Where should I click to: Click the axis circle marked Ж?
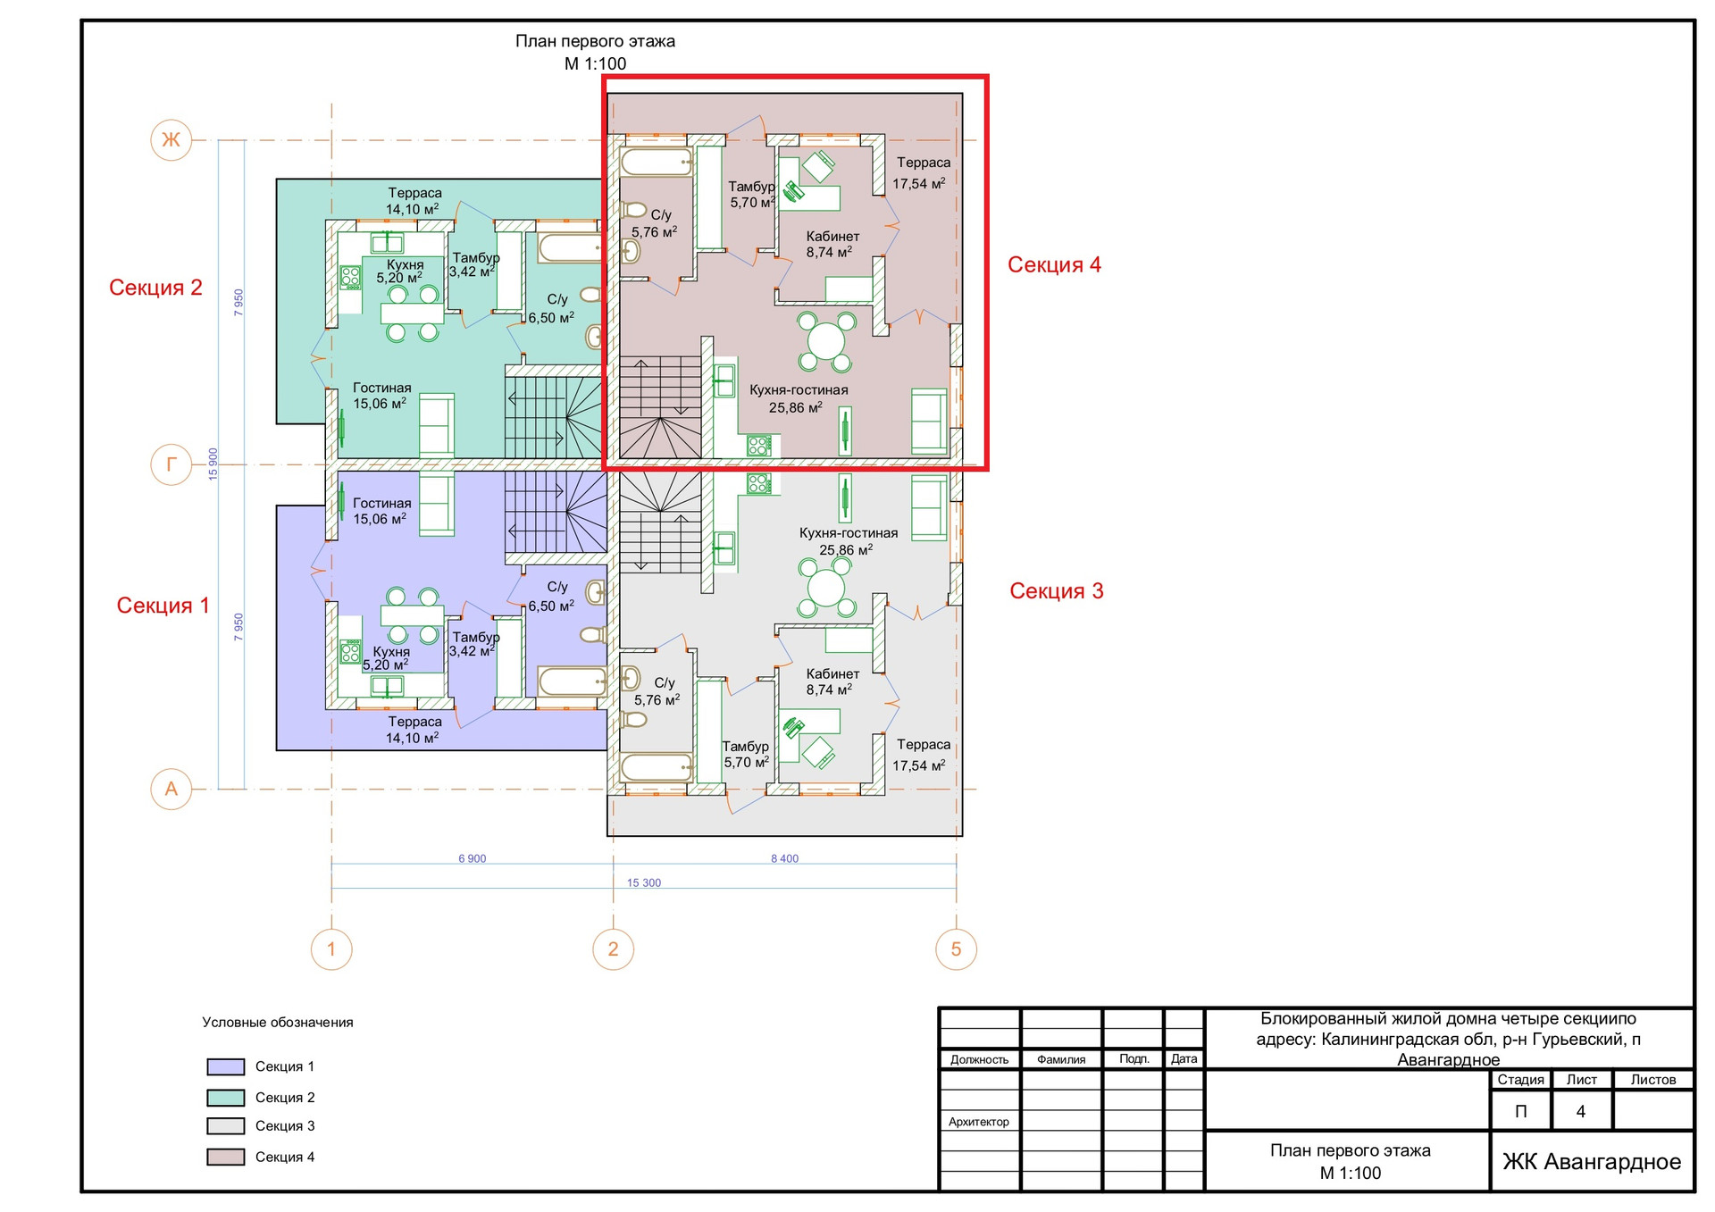[x=171, y=139]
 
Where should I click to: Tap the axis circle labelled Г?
[x=171, y=464]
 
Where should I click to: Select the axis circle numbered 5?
[x=956, y=949]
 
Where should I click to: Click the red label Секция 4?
[x=1054, y=264]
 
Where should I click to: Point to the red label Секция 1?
[x=163, y=606]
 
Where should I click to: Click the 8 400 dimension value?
[x=784, y=858]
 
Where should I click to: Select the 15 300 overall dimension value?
[x=644, y=882]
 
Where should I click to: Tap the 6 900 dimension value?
[x=473, y=858]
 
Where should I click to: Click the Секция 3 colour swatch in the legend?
[x=225, y=1126]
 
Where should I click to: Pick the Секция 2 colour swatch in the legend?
[x=225, y=1098]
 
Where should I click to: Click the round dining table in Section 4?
[x=826, y=340]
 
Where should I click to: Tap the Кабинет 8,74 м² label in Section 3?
[x=832, y=681]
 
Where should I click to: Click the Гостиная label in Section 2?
[x=381, y=388]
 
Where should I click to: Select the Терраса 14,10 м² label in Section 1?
[x=414, y=730]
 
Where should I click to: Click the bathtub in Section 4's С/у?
[x=657, y=163]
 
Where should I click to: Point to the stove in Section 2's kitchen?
[x=350, y=277]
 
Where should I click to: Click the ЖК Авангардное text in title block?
[x=1592, y=1161]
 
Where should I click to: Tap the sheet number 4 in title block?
[x=1580, y=1112]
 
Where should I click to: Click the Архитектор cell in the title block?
[x=979, y=1122]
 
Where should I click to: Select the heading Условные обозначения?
[x=278, y=1023]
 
